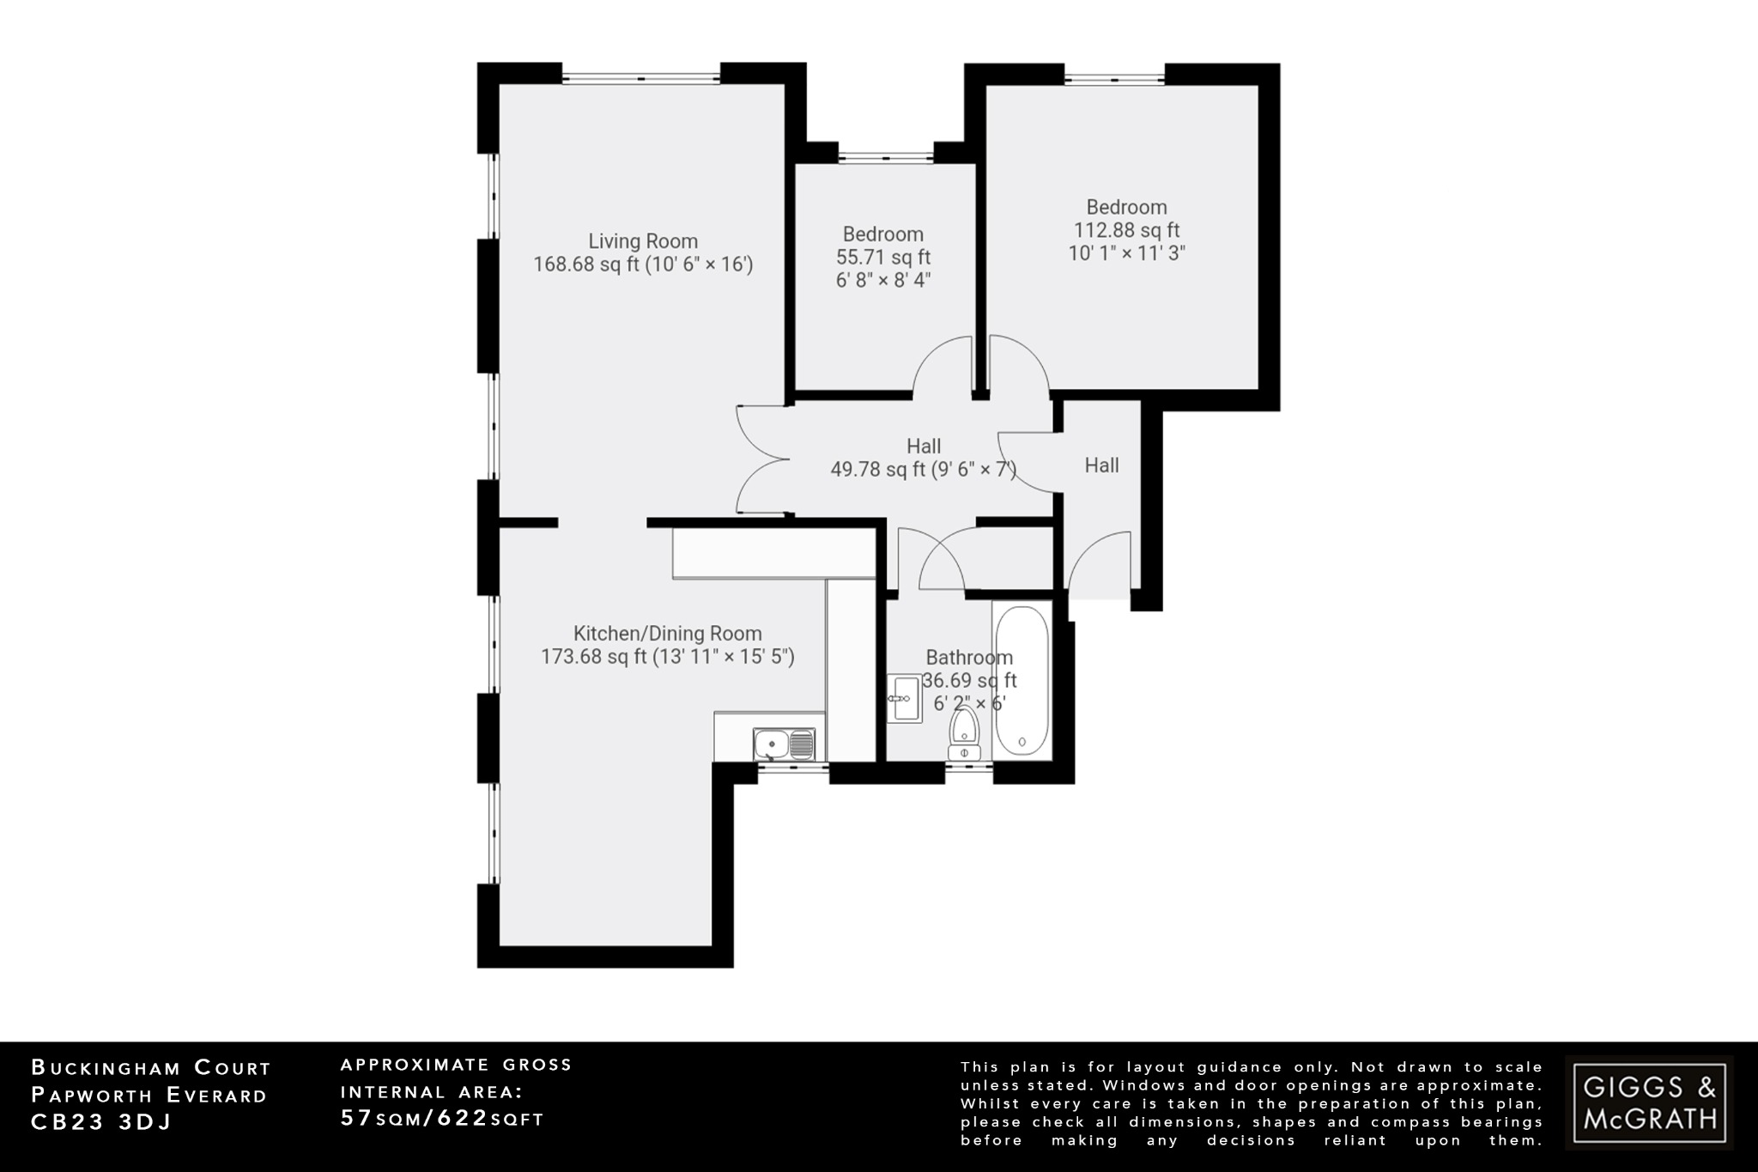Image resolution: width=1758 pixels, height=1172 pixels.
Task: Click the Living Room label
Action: pos(642,241)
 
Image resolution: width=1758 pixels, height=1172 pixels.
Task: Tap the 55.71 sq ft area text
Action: pos(882,258)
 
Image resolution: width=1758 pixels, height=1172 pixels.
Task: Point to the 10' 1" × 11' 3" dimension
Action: pos(1126,253)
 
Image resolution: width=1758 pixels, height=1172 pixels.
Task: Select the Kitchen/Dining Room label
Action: pos(667,634)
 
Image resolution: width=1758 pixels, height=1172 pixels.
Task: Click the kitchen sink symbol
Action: pos(784,744)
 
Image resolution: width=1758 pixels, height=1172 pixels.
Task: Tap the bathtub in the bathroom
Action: pos(1021,678)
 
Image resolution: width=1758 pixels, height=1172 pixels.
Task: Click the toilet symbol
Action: pos(964,734)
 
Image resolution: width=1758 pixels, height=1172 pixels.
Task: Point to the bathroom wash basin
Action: pos(903,698)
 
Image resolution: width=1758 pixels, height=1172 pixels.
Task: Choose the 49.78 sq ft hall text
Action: pos(923,470)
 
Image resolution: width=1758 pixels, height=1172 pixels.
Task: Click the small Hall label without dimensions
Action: pos(1101,465)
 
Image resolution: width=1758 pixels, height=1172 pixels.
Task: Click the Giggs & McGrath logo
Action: pos(1649,1102)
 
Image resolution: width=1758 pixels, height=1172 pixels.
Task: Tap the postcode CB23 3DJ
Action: pos(101,1122)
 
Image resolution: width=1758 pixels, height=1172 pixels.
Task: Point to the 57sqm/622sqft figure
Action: pos(442,1119)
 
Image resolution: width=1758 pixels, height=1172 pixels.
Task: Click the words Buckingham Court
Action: pos(151,1068)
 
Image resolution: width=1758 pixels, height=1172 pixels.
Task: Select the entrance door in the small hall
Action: pos(1099,562)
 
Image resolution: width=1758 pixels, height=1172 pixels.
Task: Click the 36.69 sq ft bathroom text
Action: pos(969,681)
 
